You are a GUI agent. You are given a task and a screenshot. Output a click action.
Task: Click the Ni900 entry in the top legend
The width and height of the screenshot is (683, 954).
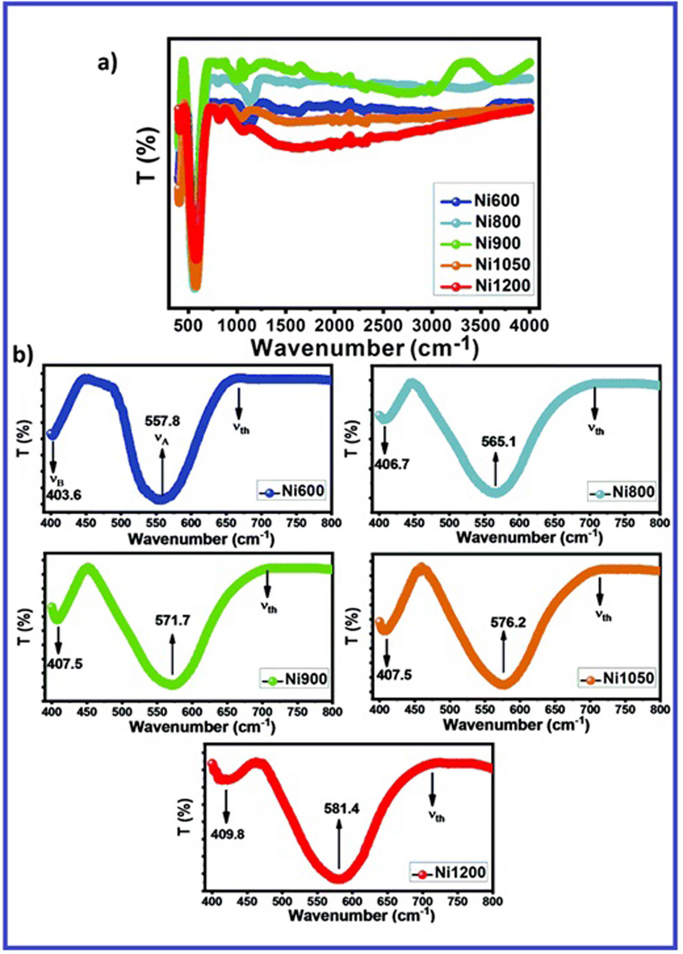tap(485, 243)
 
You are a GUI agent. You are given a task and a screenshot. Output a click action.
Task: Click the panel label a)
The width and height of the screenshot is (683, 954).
tap(107, 63)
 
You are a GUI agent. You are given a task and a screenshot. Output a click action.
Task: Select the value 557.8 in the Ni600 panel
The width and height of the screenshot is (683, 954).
tap(163, 421)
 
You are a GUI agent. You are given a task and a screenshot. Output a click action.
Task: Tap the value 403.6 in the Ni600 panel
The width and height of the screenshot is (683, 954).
tap(64, 494)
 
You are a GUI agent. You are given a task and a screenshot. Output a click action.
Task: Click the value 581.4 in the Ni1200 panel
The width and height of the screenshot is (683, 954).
tap(342, 809)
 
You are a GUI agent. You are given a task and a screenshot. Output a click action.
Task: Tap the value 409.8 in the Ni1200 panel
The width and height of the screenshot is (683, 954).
tap(227, 834)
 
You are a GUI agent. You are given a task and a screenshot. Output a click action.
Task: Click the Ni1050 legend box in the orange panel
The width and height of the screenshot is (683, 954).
tap(617, 678)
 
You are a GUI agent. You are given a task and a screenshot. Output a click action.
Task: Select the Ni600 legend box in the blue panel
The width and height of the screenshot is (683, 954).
tap(292, 491)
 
